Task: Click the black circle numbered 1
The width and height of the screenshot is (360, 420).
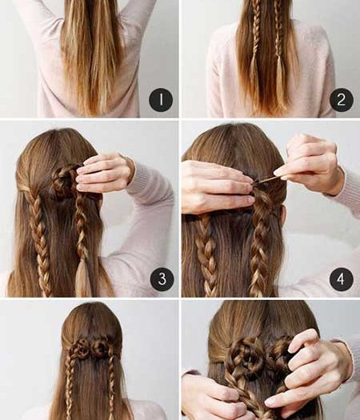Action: [161, 100]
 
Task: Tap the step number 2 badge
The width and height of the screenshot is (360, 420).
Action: [342, 100]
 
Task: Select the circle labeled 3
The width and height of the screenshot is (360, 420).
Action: [162, 279]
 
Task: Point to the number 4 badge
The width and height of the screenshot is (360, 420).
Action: [342, 279]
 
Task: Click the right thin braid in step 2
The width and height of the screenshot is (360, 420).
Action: [279, 40]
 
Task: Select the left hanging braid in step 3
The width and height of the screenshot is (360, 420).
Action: [40, 241]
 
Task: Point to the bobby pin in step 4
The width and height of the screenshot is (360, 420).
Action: [266, 179]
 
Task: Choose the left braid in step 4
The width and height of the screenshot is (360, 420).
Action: [206, 254]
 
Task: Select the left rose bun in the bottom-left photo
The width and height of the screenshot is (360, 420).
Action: [80, 349]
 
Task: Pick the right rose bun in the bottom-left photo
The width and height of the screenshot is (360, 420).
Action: [100, 347]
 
